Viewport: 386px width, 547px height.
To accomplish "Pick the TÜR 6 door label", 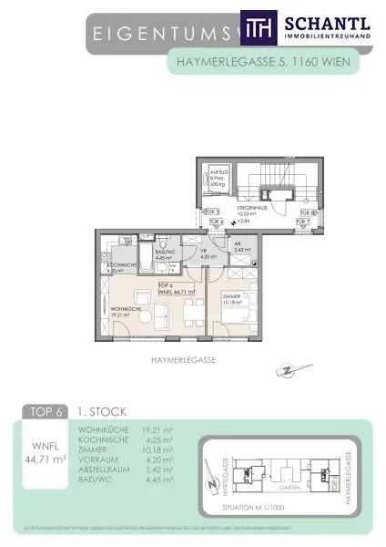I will coord(217,222).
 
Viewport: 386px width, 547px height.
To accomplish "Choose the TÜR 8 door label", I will coord(306,210).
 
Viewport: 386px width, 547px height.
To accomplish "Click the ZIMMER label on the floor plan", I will coord(231,297).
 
